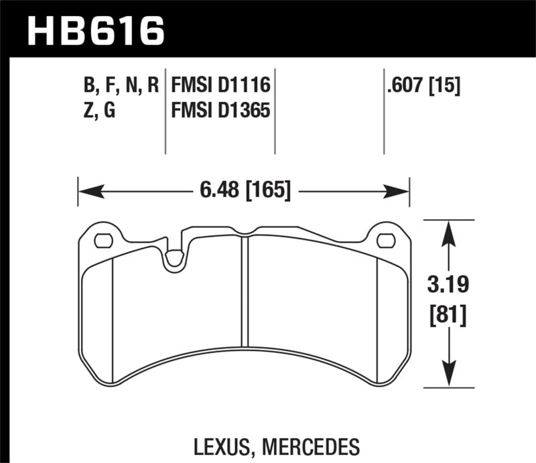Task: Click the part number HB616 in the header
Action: [94, 30]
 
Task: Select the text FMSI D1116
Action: [220, 85]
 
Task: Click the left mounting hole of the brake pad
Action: [103, 240]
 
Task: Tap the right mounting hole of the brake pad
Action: [386, 240]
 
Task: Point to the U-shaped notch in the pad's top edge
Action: [176, 259]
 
